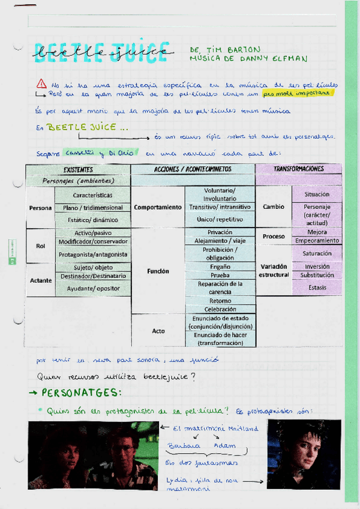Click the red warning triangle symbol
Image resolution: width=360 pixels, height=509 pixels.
click(41, 83)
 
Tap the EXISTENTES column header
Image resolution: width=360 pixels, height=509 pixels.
click(78, 170)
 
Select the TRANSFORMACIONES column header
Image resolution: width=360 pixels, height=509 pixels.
click(298, 169)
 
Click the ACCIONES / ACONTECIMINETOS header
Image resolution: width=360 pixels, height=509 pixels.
click(193, 170)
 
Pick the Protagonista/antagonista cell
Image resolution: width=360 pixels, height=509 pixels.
click(93, 254)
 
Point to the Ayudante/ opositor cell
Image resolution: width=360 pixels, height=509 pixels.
click(92, 289)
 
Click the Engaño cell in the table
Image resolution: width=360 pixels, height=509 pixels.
click(220, 267)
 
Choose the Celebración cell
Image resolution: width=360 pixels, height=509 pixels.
click(220, 309)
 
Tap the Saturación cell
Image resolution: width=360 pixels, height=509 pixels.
click(316, 253)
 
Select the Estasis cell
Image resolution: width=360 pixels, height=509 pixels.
click(317, 288)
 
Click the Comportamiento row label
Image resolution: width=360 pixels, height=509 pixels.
click(158, 207)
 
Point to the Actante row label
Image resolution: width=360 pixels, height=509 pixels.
click(41, 280)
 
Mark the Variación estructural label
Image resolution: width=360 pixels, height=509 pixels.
click(274, 271)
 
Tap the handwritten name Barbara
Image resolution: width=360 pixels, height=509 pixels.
click(182, 447)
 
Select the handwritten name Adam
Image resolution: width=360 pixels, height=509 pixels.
click(225, 446)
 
